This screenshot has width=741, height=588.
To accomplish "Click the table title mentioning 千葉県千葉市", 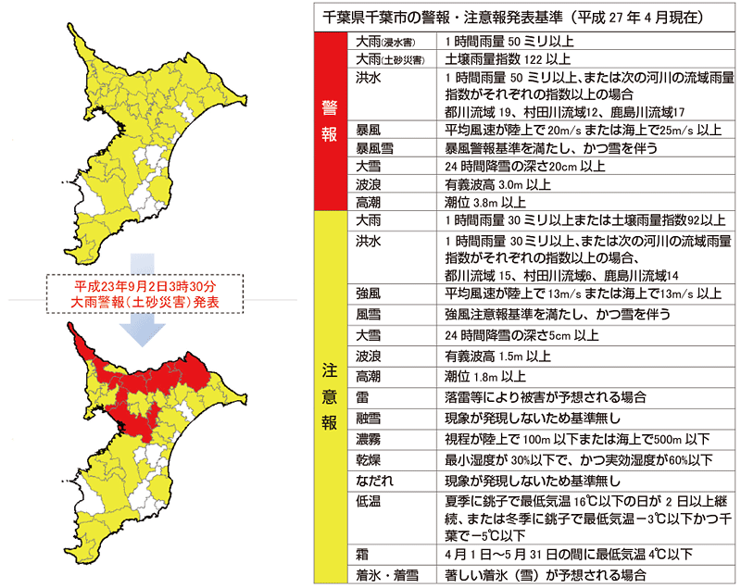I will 523,17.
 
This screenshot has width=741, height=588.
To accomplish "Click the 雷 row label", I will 363,397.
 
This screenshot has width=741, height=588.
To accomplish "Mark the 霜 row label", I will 363,554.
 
